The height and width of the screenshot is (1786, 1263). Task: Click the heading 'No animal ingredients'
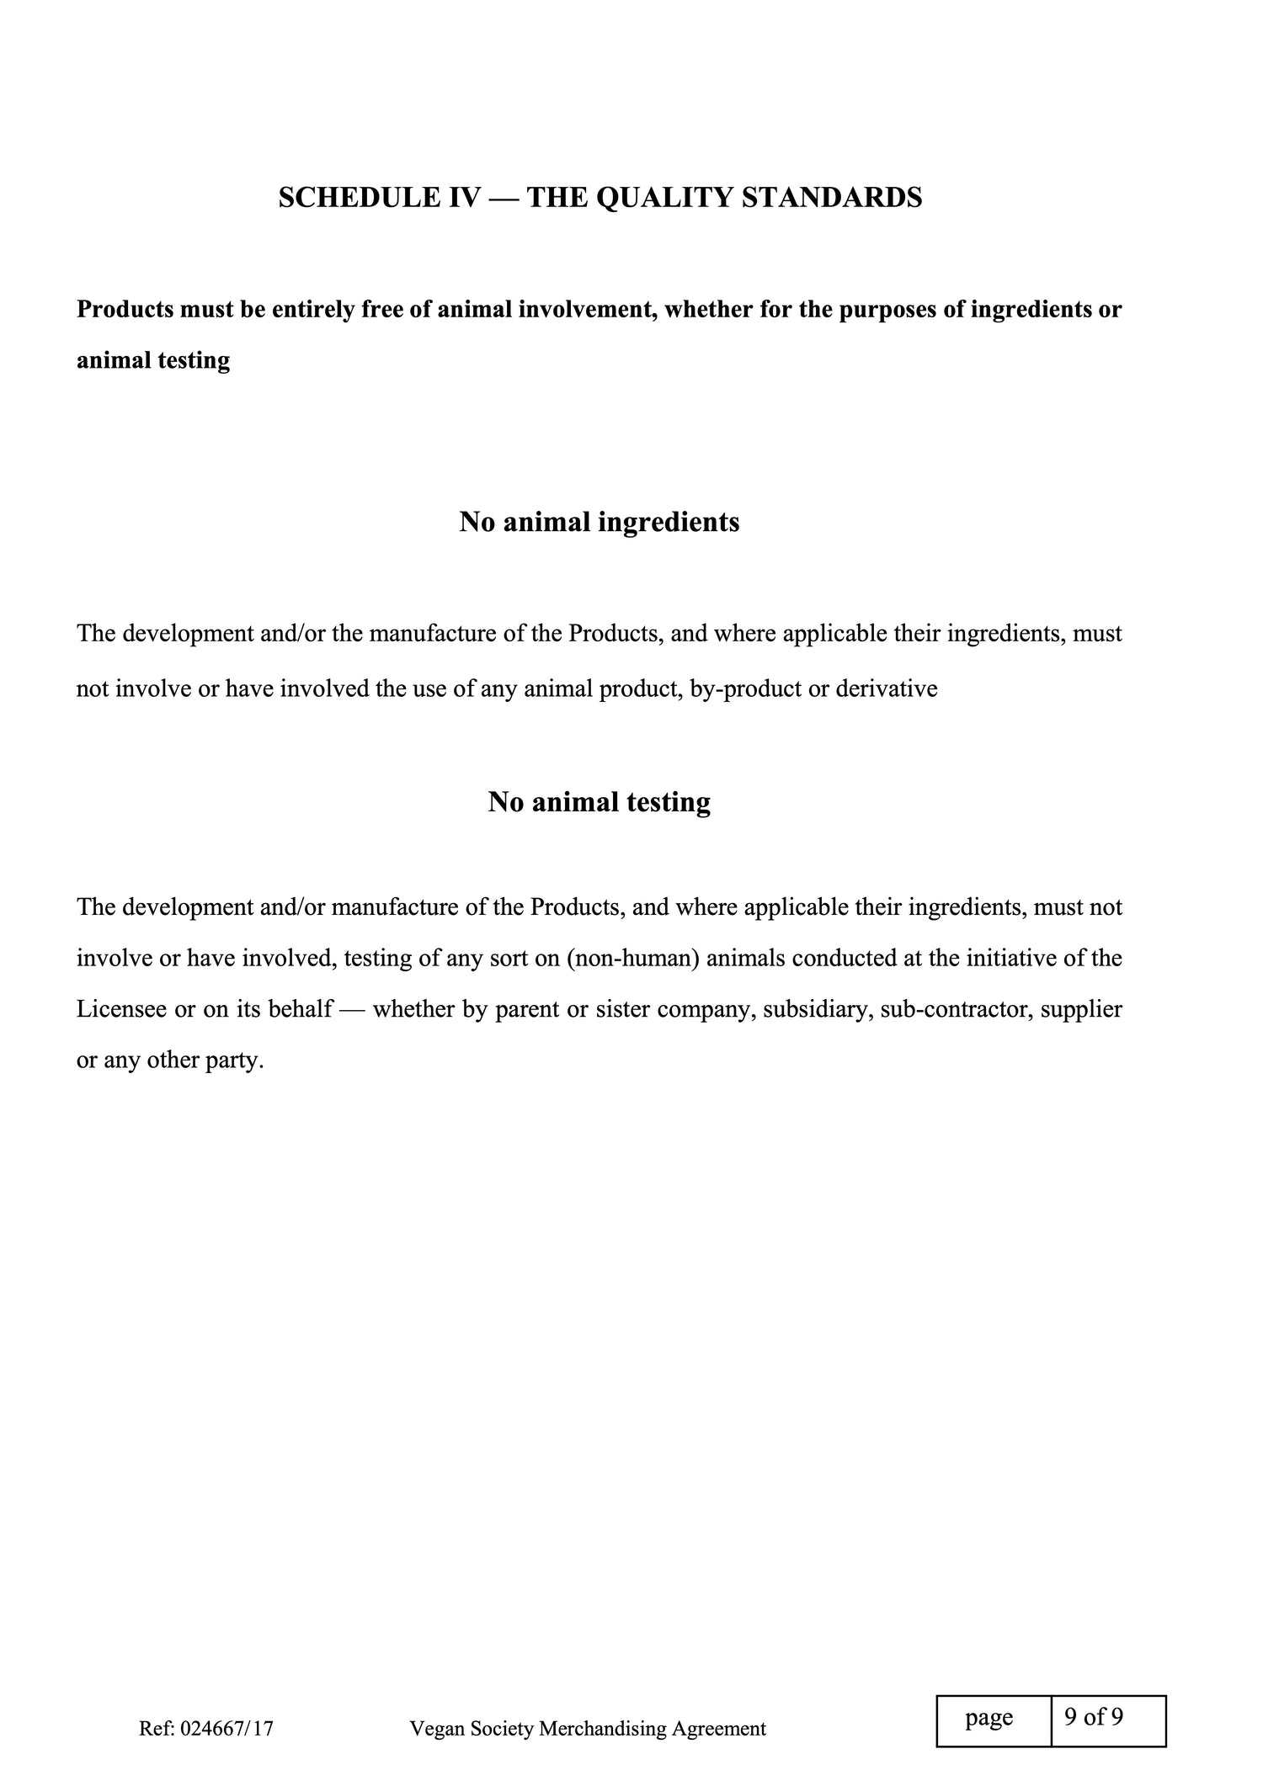pyautogui.click(x=600, y=522)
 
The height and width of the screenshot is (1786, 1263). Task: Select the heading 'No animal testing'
pyautogui.click(x=600, y=802)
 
